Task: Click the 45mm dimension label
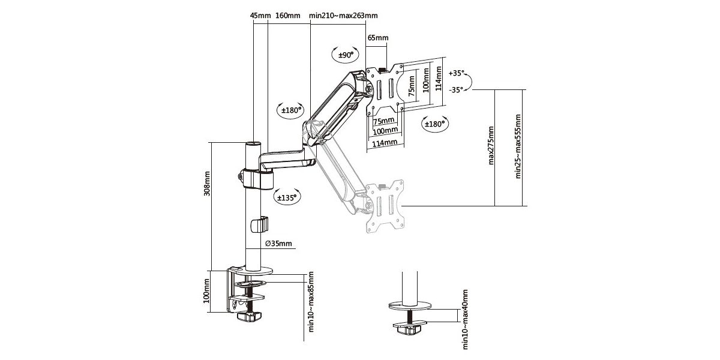point(259,16)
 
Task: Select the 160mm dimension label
point(287,16)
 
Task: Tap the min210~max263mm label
point(343,16)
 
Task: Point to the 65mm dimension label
point(378,38)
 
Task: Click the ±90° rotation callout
point(346,55)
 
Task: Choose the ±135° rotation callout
point(287,197)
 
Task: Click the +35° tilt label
point(457,73)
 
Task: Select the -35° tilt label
point(456,89)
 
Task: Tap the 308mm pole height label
point(207,184)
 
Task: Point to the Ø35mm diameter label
point(278,244)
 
